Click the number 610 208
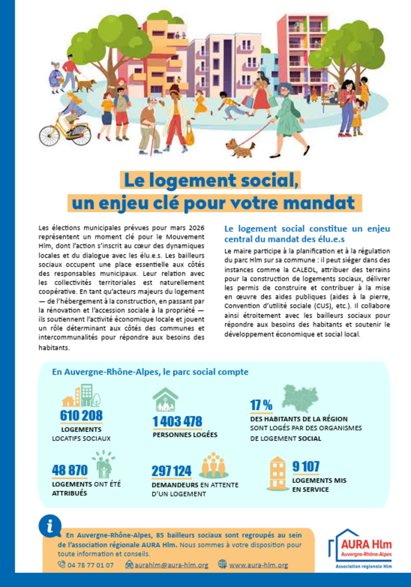[81, 416]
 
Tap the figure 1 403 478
[177, 421]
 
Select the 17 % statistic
[261, 405]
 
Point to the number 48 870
[70, 470]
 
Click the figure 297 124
[171, 471]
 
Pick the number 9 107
[306, 467]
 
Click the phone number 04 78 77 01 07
[90, 565]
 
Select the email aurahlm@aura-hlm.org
[171, 565]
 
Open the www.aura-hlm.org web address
[258, 565]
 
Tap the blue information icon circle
[50, 526]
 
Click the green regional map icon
[300, 398]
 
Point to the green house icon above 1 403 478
[165, 399]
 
